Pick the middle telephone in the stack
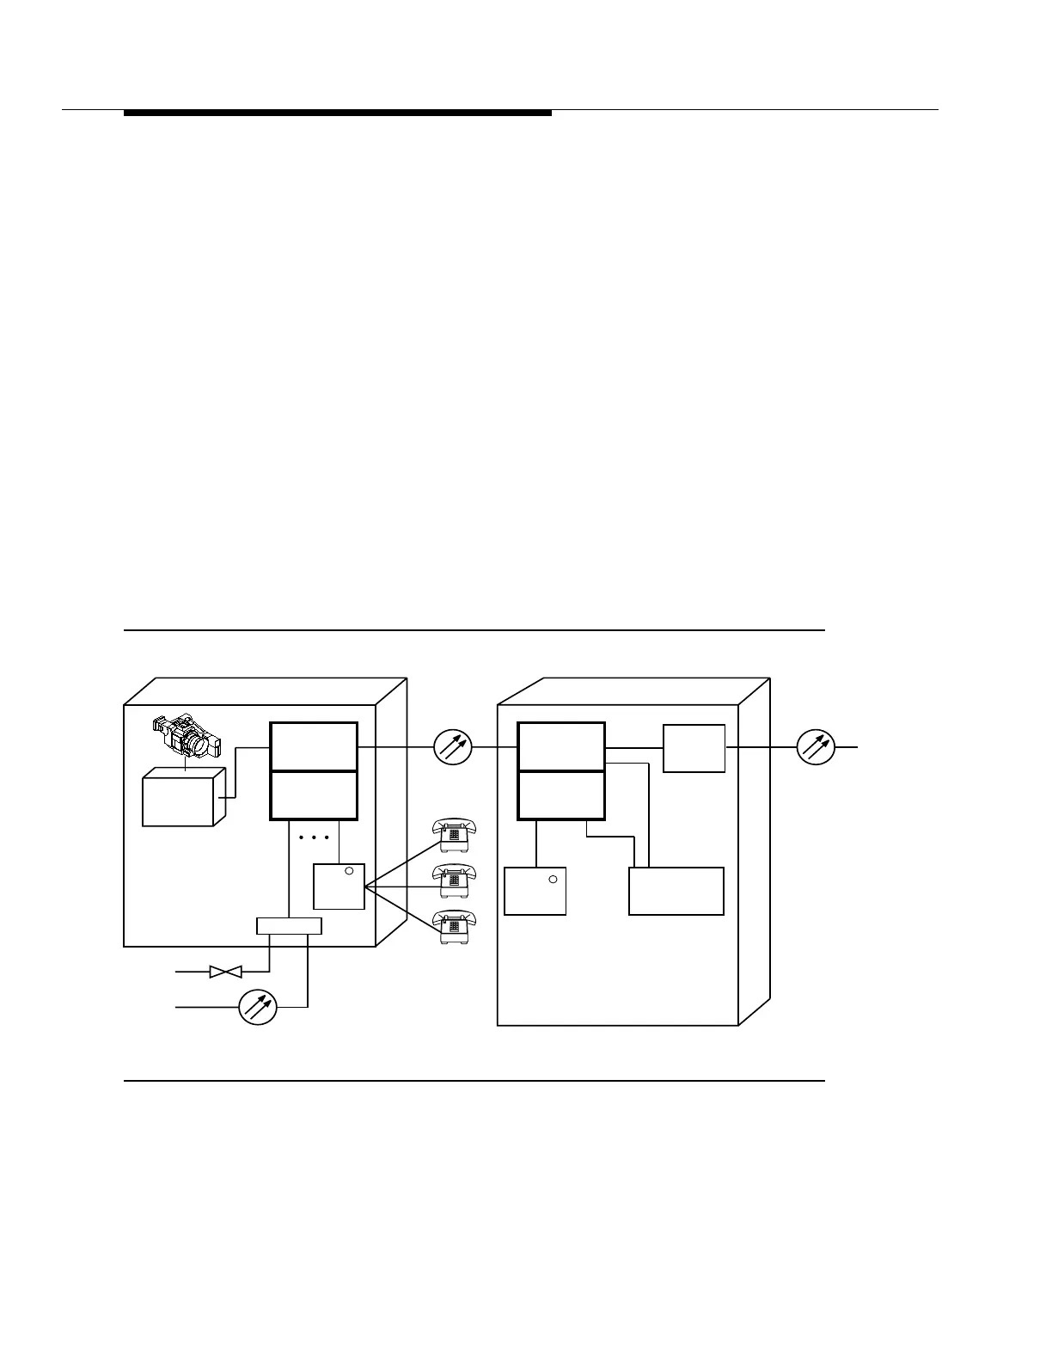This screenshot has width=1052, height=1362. [454, 880]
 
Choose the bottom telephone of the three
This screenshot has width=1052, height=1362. [454, 927]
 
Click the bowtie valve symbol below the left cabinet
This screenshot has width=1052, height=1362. [225, 972]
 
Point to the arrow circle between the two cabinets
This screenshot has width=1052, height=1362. [453, 747]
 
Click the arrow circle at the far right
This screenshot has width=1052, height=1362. [816, 747]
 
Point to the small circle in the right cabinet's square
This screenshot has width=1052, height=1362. [553, 879]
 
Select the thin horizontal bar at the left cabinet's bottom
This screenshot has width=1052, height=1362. [289, 926]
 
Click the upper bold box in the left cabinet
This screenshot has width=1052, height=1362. [314, 746]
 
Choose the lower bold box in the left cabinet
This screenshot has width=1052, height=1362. [314, 795]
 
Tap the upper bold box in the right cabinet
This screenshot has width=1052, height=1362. [561, 746]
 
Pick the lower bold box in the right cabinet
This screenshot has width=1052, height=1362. [561, 795]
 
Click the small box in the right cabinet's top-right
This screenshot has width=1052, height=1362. [694, 748]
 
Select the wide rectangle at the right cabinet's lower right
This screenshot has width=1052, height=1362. [676, 891]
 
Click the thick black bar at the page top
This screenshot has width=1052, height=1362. [337, 113]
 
